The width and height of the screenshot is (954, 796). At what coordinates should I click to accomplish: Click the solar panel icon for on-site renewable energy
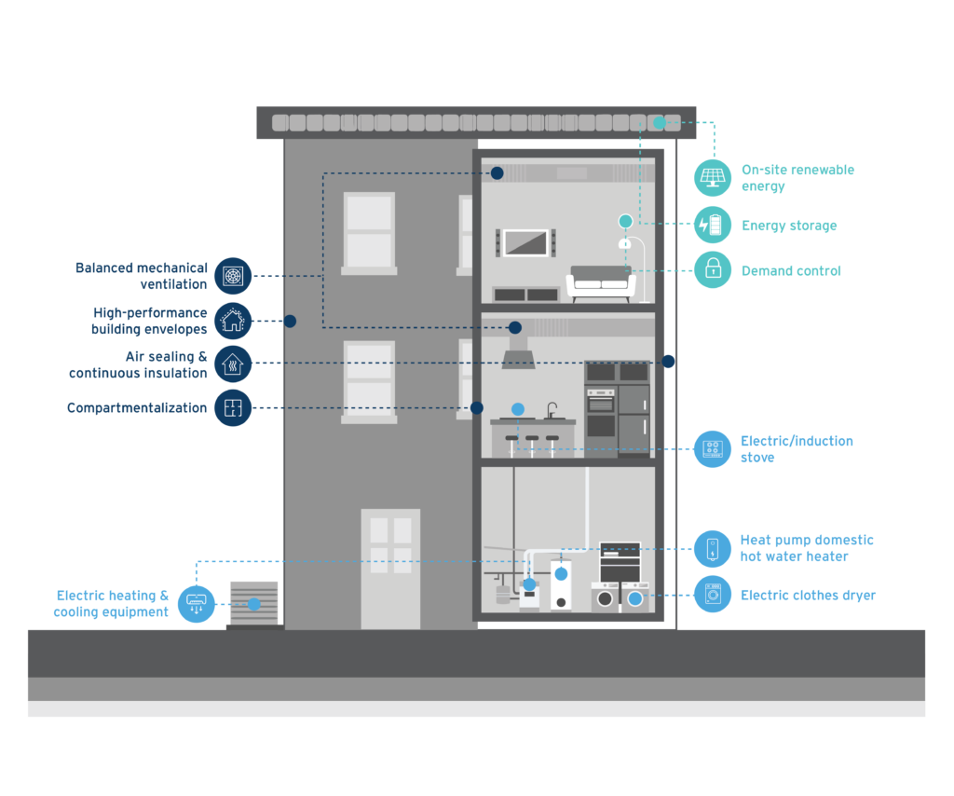click(713, 177)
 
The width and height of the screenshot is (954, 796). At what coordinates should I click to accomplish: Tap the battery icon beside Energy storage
click(713, 225)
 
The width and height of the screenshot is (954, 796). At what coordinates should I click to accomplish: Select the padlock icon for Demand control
click(713, 270)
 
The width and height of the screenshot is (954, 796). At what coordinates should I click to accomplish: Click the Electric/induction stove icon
click(713, 449)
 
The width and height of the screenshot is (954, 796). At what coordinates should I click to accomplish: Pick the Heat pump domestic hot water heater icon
click(713, 548)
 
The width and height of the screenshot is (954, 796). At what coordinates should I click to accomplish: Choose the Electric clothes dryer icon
click(713, 595)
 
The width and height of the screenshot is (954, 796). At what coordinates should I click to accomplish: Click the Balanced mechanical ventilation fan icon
click(233, 276)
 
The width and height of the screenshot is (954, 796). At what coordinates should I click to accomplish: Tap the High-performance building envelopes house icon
click(233, 321)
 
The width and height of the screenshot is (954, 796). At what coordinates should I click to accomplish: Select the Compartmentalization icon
click(233, 407)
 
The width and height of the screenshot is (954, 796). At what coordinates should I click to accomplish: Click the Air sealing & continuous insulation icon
click(233, 364)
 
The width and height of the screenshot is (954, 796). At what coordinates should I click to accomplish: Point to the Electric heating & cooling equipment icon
click(196, 603)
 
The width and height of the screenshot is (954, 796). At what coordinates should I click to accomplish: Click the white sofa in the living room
click(601, 282)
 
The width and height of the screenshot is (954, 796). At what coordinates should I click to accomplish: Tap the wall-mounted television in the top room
click(525, 242)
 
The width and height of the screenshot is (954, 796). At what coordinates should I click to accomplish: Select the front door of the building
click(390, 569)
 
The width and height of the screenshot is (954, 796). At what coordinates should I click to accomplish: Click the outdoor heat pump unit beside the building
click(253, 604)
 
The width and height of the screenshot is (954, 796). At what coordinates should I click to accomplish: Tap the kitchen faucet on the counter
click(552, 409)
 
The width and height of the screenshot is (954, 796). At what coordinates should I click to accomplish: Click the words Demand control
click(791, 271)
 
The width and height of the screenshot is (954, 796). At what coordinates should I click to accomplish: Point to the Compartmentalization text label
click(137, 408)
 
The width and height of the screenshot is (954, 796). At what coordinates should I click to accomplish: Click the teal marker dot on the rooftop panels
click(659, 122)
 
